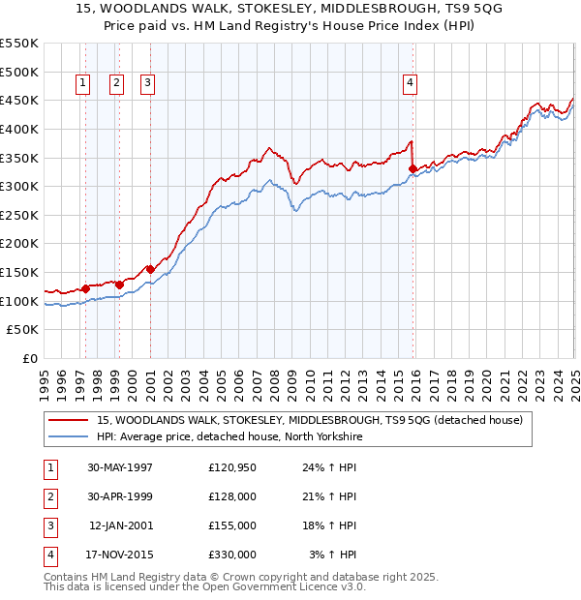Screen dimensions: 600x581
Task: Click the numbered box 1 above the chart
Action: pyautogui.click(x=82, y=84)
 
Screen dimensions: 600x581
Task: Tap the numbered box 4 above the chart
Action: pyautogui.click(x=411, y=84)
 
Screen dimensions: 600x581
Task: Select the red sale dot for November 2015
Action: pyautogui.click(x=413, y=168)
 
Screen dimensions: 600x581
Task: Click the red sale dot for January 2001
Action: pyautogui.click(x=151, y=269)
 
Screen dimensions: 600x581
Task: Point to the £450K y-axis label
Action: pyautogui.click(x=18, y=100)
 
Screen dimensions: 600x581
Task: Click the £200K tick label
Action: pyautogui.click(x=18, y=244)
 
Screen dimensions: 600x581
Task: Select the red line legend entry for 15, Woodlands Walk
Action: pyautogui.click(x=310, y=420)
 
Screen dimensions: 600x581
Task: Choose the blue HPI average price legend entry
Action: pyautogui.click(x=229, y=437)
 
